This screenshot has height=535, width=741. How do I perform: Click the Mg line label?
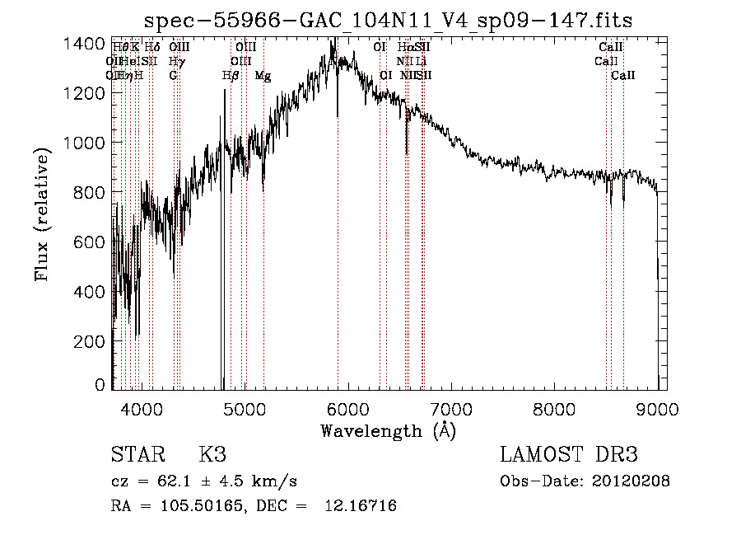263,75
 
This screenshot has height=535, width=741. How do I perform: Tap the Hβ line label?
231,75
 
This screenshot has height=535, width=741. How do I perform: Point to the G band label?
173,75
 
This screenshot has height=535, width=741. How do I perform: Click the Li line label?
421,61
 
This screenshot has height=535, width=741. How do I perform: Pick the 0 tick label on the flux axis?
100,385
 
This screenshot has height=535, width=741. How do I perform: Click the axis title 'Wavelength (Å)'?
388,430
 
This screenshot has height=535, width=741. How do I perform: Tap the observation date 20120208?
631,481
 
